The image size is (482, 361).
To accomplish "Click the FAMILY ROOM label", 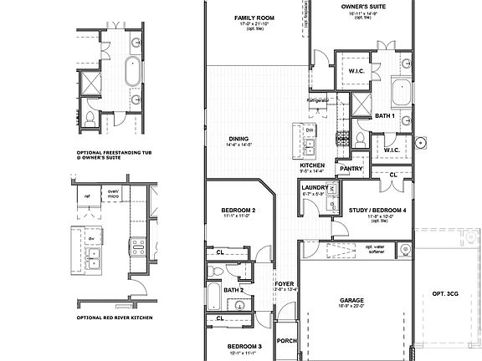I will [254, 17].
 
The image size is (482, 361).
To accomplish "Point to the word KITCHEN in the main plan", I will [312, 165].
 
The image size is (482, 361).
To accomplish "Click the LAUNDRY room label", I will [315, 187].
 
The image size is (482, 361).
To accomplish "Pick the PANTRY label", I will [351, 168].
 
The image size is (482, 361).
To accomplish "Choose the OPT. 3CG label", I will [446, 294].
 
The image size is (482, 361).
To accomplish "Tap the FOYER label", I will [285, 284].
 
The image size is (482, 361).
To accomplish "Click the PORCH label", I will [287, 340].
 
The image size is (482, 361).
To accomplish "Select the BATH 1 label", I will [384, 115].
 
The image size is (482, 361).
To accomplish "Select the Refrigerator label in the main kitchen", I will [318, 100].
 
